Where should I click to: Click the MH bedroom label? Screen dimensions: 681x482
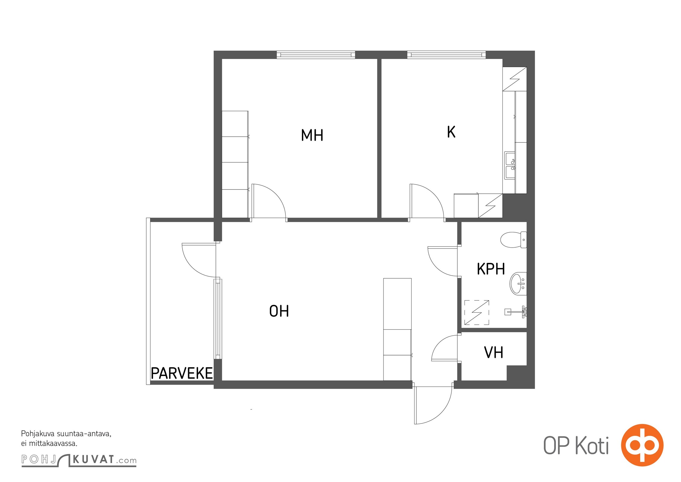312,135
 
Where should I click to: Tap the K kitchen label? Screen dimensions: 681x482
451,132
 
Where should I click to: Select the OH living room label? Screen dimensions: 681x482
279,311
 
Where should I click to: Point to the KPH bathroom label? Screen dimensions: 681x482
491,269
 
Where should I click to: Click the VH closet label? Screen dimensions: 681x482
493,352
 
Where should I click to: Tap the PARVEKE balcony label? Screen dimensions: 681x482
182,374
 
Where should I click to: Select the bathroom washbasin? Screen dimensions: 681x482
518,283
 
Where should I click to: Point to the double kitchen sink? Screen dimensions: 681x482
510,165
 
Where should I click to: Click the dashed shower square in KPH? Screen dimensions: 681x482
477,312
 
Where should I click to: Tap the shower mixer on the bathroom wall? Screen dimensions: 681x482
516,311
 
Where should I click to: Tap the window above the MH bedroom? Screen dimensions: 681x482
316,55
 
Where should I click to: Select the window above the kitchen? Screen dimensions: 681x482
446,55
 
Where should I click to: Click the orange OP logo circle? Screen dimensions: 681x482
642,445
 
